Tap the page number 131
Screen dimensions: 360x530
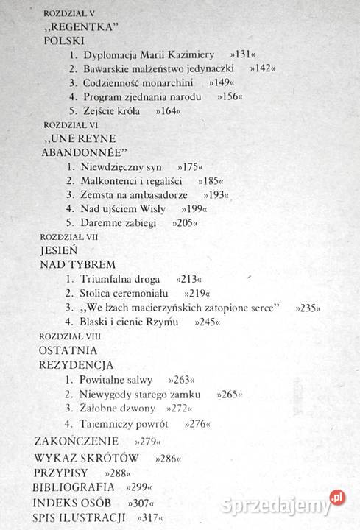click(x=241, y=54)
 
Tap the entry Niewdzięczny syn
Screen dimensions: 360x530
click(x=124, y=167)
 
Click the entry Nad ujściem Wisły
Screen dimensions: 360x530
click(x=125, y=209)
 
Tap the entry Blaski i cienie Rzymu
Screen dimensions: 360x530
click(x=132, y=322)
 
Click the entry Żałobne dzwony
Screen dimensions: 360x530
click(x=119, y=408)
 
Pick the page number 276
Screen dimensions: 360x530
click(x=197, y=424)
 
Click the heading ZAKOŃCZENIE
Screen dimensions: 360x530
click(x=77, y=442)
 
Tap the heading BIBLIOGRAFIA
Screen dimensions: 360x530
click(x=73, y=487)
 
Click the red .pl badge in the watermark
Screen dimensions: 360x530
click(x=337, y=497)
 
